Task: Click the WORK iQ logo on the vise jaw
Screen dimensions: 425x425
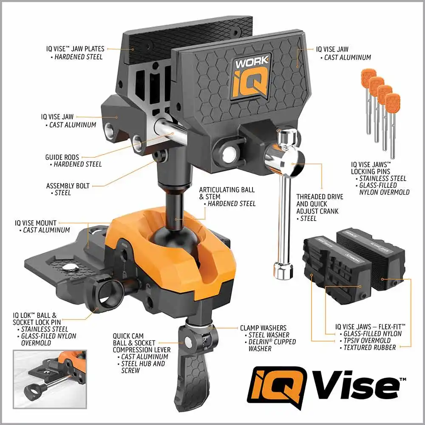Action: pos(251,77)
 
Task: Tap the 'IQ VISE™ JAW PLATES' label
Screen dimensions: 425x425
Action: pos(75,49)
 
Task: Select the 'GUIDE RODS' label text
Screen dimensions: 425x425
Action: pos(62,157)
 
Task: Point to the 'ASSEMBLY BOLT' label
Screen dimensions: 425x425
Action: pos(68,186)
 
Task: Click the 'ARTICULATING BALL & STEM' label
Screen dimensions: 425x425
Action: pos(227,193)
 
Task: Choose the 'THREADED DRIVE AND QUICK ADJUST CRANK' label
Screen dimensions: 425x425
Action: pos(320,204)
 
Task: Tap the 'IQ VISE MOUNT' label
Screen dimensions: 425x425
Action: pos(36,223)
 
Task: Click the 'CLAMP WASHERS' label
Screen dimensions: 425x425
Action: pos(263,328)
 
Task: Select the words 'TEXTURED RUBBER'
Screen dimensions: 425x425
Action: pos(370,348)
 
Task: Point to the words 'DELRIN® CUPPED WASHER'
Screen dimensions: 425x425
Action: pos(272,345)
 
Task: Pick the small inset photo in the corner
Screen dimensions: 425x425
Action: pos(50,379)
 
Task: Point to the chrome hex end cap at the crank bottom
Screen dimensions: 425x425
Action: pos(283,271)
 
